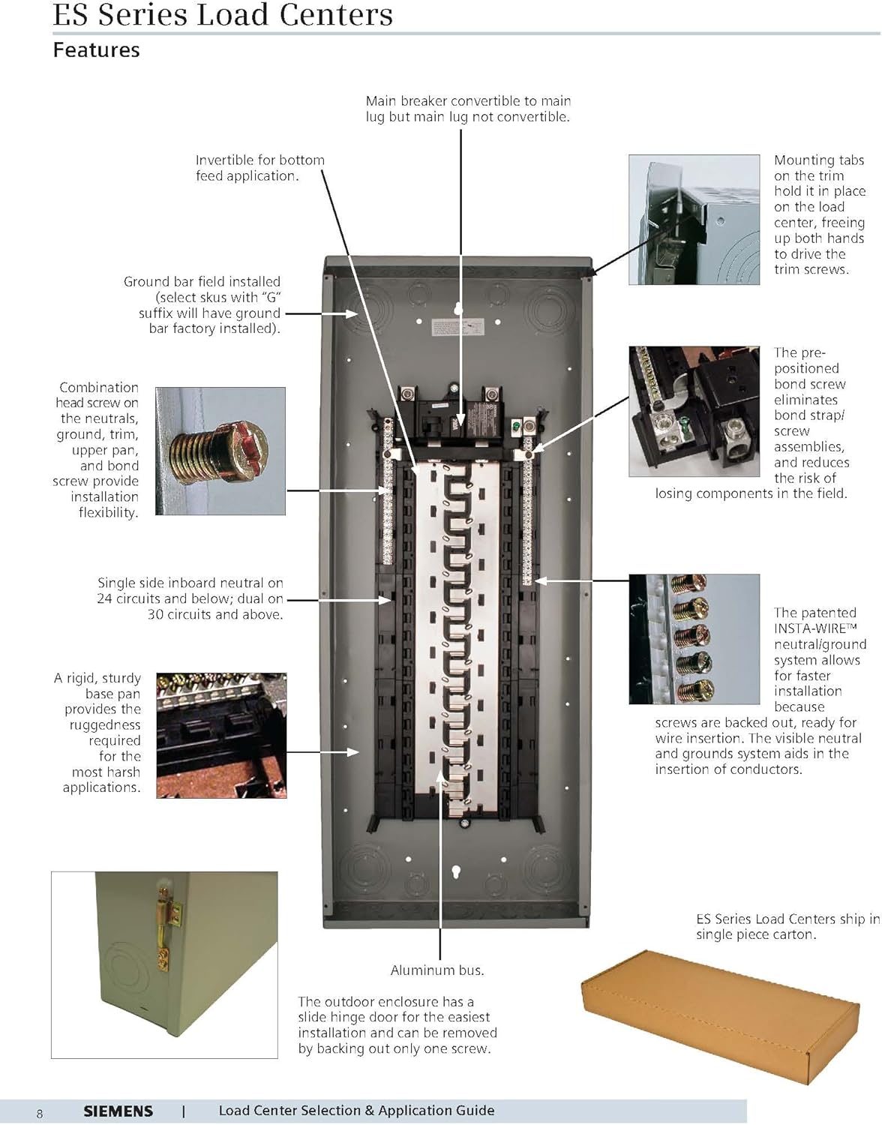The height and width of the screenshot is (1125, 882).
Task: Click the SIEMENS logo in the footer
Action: click(x=118, y=1111)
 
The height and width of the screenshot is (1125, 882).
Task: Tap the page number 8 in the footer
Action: click(x=40, y=1114)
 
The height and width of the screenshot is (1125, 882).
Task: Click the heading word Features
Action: click(x=96, y=50)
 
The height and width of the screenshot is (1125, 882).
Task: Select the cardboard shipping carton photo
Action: click(x=720, y=1014)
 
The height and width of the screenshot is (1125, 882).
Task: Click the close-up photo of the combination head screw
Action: click(x=220, y=451)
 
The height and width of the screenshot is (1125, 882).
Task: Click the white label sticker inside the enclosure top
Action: click(x=457, y=328)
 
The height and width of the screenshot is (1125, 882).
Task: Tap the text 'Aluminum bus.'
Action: click(x=437, y=970)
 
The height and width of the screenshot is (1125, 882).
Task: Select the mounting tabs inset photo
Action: click(x=694, y=220)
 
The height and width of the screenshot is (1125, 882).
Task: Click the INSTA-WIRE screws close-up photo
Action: click(x=694, y=639)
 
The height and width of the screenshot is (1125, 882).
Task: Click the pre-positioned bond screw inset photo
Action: click(x=694, y=411)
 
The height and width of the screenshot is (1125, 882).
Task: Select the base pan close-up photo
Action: click(x=221, y=735)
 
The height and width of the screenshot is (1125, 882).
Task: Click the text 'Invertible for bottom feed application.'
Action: click(x=259, y=168)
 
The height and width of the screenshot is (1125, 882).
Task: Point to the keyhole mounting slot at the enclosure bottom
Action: click(x=456, y=871)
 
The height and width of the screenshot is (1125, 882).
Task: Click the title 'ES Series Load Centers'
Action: click(x=223, y=15)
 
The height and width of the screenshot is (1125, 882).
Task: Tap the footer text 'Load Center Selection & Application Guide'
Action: click(x=356, y=1111)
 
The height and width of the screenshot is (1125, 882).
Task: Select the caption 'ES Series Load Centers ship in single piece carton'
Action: click(x=787, y=927)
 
